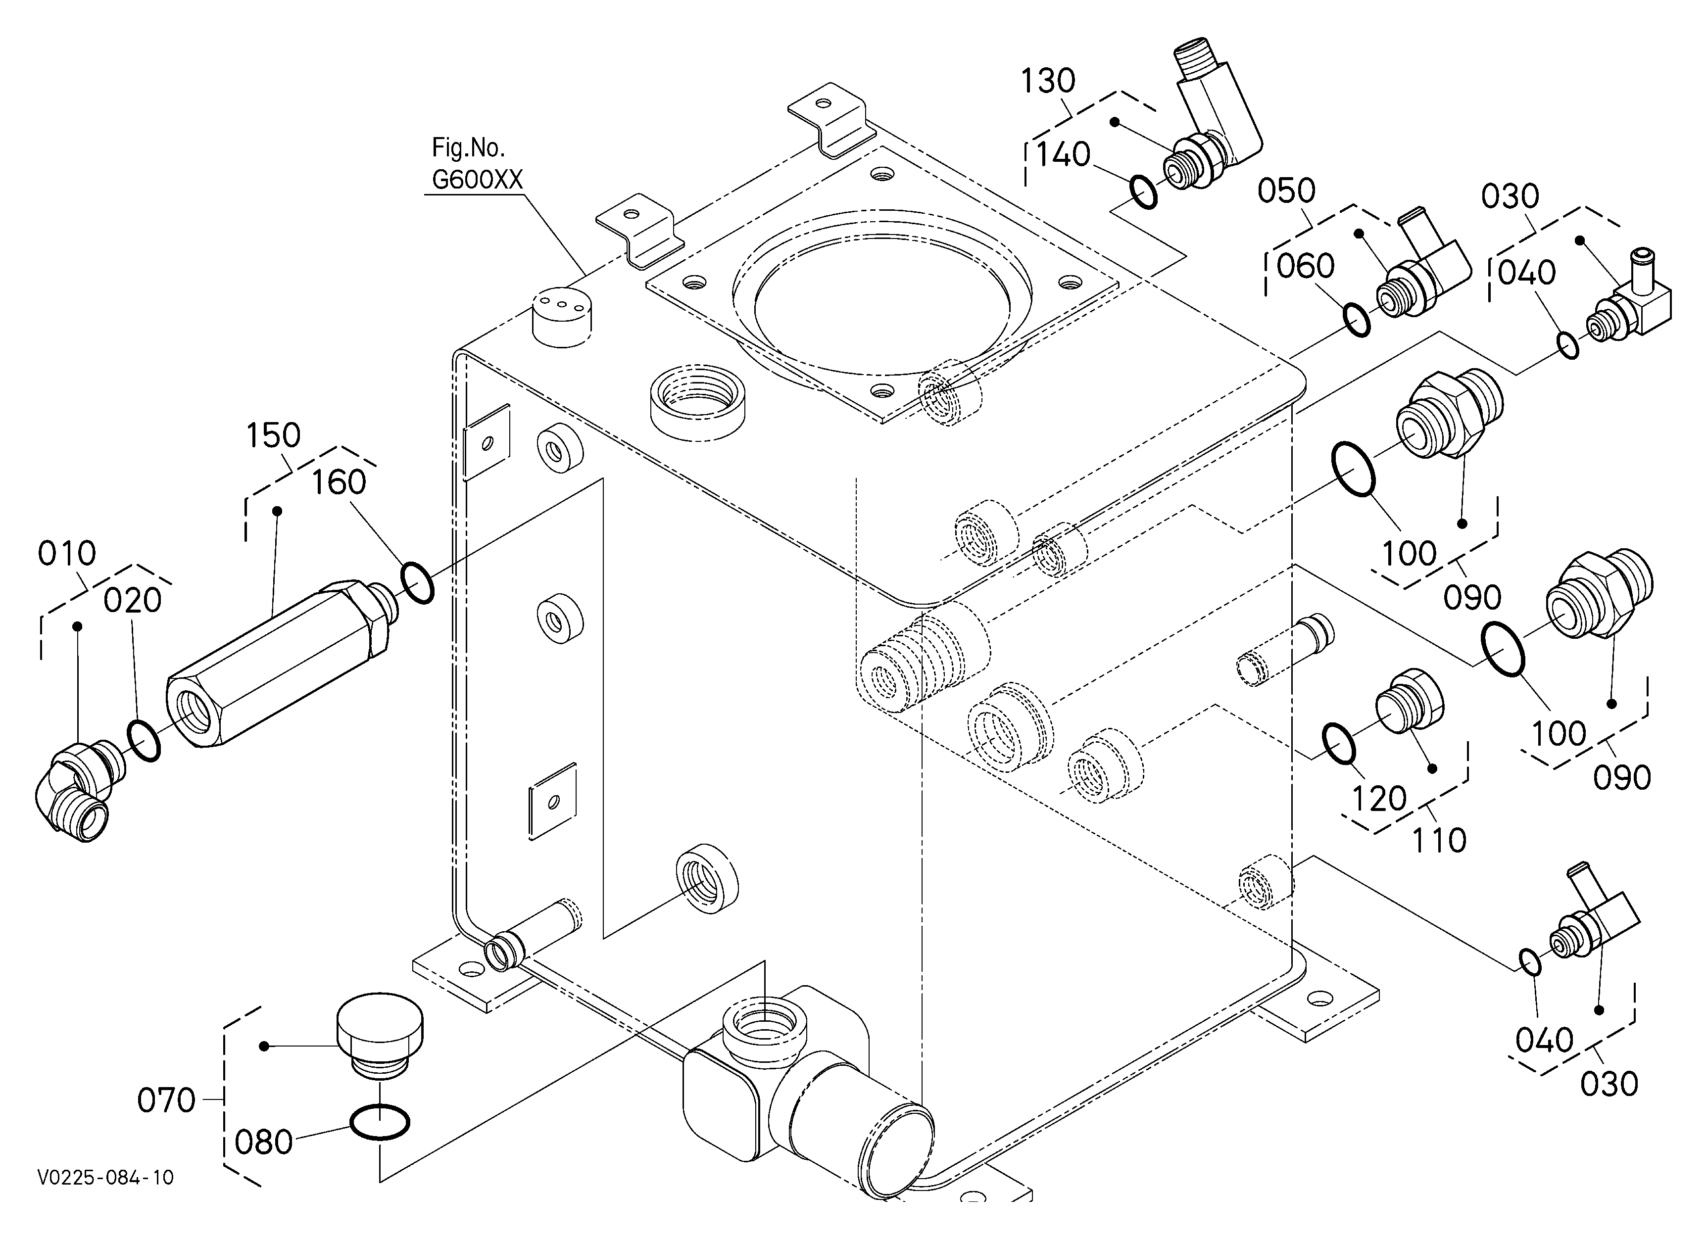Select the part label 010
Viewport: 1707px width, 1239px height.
tap(67, 554)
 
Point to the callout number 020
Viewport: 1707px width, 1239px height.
tap(133, 600)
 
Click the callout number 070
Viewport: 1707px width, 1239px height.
tap(166, 1100)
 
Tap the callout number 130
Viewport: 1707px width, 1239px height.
tap(1048, 81)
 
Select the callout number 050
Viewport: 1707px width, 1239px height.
tap(1286, 191)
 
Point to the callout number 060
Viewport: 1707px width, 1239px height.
tap(1306, 266)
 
